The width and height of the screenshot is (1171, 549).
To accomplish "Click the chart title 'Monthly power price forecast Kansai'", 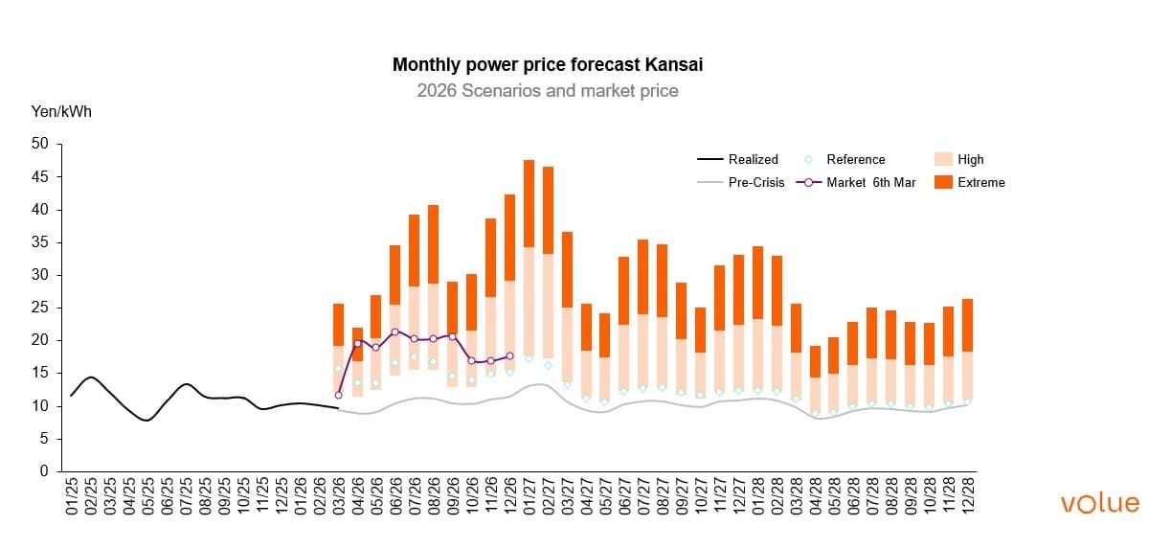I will (x=554, y=65).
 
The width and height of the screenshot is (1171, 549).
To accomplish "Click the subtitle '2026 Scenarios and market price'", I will (x=548, y=91).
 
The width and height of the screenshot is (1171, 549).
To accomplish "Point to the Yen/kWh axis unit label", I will (x=62, y=112).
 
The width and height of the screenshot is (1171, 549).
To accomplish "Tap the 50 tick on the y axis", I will (x=39, y=145).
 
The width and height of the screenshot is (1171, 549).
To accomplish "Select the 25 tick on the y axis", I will (x=39, y=308).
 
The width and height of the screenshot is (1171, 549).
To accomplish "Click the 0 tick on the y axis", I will (x=43, y=471).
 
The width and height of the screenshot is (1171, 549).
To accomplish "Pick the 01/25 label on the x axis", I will (x=72, y=497).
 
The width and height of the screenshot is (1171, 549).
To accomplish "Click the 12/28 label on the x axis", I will (x=968, y=497).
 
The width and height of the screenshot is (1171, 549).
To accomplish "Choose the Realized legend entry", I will (x=753, y=159).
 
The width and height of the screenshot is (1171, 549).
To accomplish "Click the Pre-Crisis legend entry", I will (x=755, y=182).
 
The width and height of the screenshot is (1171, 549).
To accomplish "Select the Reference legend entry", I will (x=855, y=159).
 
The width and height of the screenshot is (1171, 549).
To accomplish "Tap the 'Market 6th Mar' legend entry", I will (x=870, y=182).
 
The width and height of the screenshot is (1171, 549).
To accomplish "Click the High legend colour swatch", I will (x=941, y=159).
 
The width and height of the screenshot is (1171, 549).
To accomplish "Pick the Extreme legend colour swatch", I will (x=941, y=182).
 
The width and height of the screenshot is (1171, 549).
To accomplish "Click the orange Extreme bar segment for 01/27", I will (x=529, y=203).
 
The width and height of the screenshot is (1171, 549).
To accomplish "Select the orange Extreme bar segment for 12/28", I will (x=967, y=326).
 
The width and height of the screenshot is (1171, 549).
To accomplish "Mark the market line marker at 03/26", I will (x=339, y=395).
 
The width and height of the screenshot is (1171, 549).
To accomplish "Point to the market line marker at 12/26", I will (x=509, y=355).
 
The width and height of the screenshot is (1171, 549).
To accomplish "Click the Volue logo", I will (x=1100, y=503).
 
